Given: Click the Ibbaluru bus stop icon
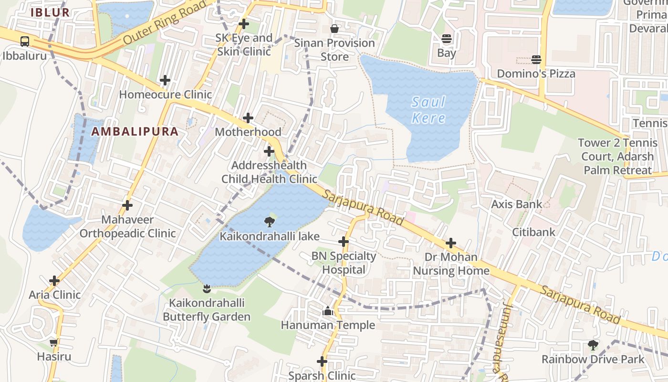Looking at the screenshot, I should pos(25,42).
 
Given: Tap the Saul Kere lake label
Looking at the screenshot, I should pos(428,110).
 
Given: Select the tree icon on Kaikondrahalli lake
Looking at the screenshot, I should pos(269,222).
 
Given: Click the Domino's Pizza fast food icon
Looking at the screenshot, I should pos(536,60).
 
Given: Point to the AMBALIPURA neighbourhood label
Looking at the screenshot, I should pos(135,132).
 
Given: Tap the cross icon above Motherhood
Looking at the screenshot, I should pos(248,118).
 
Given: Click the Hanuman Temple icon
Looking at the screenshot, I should pos(328,311).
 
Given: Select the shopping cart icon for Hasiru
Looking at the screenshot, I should pos(54,342).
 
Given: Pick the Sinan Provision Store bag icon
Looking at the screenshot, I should pos(334,29).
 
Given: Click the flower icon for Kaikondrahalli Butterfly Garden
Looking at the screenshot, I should pos(207,288).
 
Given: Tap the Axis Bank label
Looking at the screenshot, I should pos(517,204).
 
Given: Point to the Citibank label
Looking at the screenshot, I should pos(533,232).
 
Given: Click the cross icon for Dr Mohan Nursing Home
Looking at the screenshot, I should pos(451,243).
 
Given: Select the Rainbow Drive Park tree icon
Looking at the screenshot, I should pos(593,345).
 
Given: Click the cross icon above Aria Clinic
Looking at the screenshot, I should pos(54,281).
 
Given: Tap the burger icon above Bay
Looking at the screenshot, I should pos(447,39).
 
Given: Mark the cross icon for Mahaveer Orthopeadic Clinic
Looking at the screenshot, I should pos(127,205).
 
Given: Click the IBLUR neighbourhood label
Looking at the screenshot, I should pos(50,13).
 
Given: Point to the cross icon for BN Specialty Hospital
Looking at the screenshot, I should pos(344,242).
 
